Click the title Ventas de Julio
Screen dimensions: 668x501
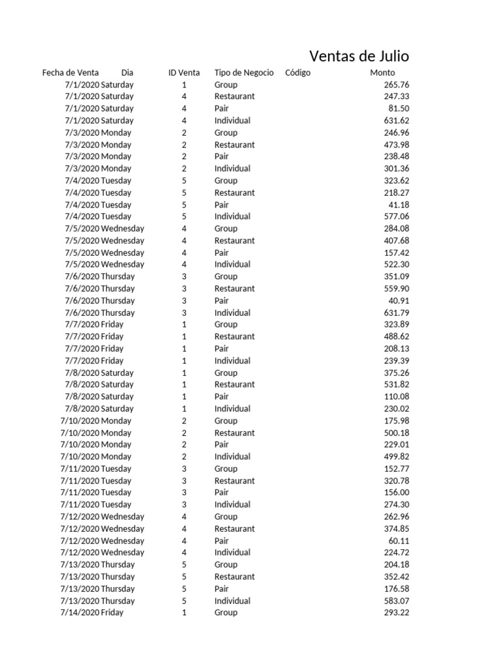pos(359,56)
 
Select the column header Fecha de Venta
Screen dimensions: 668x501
pos(70,72)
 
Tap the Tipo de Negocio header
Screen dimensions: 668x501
pos(244,72)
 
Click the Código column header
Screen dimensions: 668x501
pos(297,72)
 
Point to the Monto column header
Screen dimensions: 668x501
pos(382,72)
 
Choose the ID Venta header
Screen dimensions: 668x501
pos(184,72)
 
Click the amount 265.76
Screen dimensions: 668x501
pos(397,85)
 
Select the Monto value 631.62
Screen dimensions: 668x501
pos(397,121)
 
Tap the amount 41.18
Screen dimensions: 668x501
pos(399,205)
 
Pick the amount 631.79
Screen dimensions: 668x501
pos(397,312)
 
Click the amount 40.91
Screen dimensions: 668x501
pos(399,301)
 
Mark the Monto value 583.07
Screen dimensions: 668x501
pos(397,601)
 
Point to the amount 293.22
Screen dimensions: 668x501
pos(397,613)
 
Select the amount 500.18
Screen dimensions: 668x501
pos(397,433)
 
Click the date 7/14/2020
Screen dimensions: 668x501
pos(80,613)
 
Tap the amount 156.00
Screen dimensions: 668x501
pos(397,493)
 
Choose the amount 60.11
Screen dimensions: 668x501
pos(399,541)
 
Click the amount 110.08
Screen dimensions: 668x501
pos(397,397)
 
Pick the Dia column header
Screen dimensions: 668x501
pos(127,72)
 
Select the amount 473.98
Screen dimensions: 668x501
pos(397,145)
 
